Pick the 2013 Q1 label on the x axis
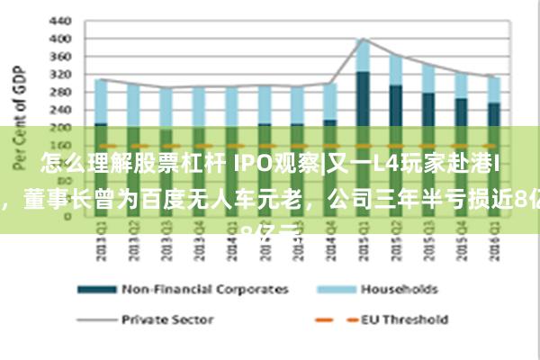click(x=101, y=242)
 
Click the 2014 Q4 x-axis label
click(x=329, y=242)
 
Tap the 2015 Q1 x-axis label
click(x=363, y=242)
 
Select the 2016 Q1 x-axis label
click(x=493, y=242)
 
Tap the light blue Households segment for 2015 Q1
click(x=363, y=55)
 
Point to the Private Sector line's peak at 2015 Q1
click(x=363, y=39)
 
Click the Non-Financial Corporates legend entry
click(x=207, y=289)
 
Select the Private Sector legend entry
click(x=166, y=319)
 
